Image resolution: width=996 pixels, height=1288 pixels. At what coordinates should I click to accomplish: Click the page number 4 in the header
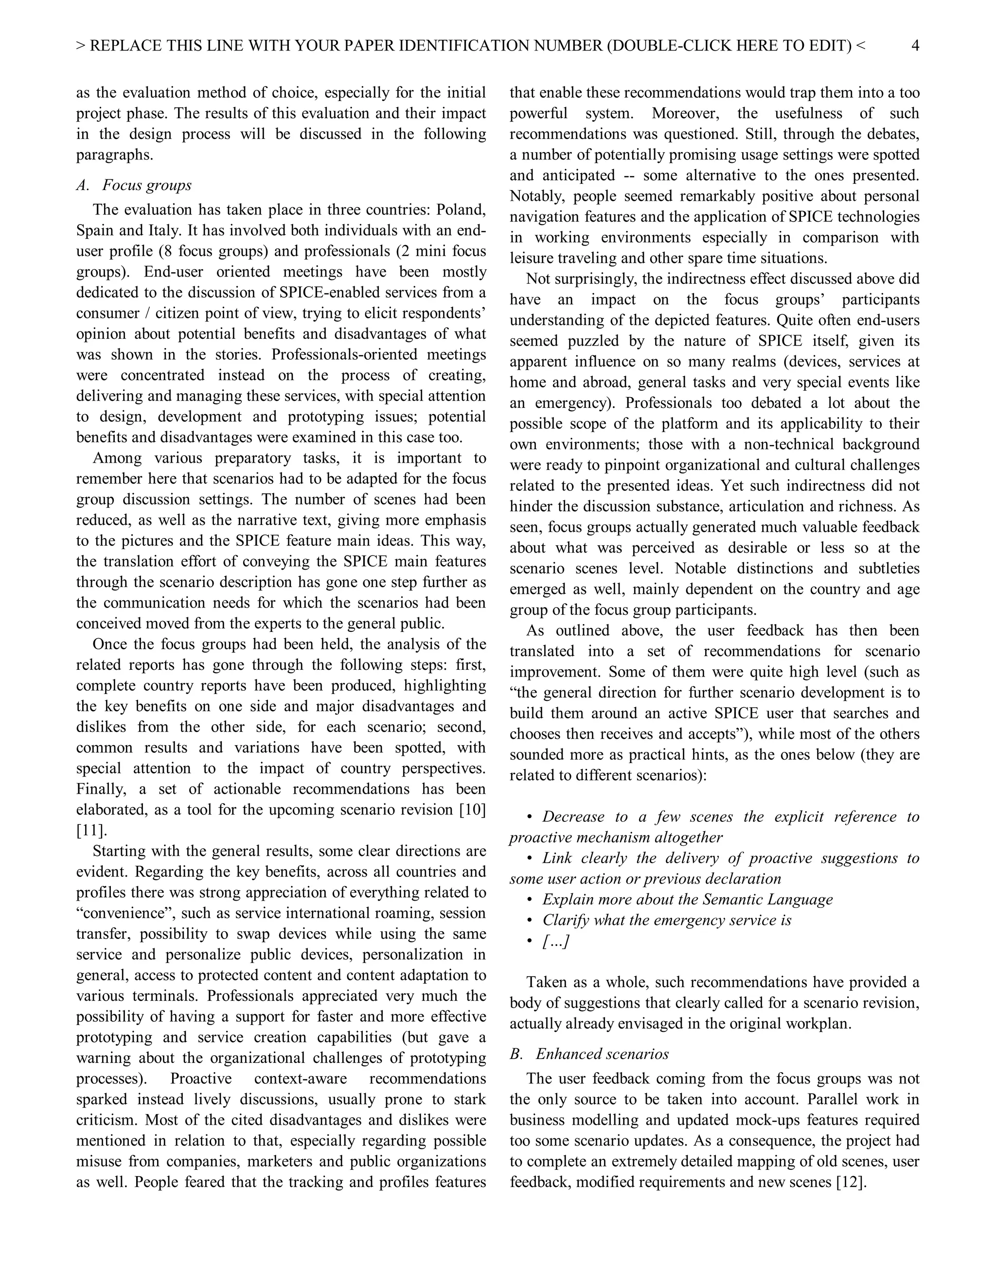915,45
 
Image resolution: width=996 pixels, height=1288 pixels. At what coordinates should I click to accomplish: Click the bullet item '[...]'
555,941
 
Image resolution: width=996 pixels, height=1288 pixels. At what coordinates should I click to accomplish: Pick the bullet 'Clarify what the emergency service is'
666,921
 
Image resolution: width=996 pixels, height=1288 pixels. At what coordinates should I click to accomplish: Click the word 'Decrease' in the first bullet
573,817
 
